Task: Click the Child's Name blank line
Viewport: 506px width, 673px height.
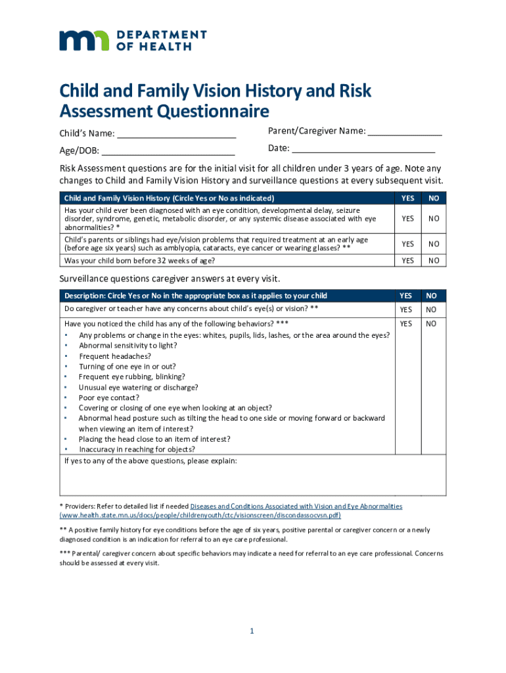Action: [176, 135]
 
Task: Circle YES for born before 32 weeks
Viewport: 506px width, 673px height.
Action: [407, 261]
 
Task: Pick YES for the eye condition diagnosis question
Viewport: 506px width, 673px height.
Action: [407, 218]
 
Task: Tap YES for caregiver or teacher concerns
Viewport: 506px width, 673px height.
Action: [406, 309]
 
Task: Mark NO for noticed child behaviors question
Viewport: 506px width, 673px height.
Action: [431, 323]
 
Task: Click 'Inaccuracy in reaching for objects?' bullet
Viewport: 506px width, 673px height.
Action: [137, 450]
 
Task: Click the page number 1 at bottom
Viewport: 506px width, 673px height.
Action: [252, 632]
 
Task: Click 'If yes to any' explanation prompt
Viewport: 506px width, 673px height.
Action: [150, 461]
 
